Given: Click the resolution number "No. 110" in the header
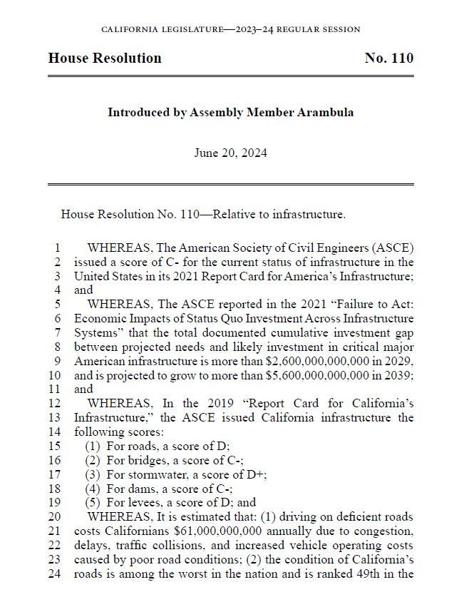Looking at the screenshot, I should click(x=388, y=58).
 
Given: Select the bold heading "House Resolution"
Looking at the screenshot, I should click(x=105, y=58).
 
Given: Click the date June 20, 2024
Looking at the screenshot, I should click(x=230, y=153).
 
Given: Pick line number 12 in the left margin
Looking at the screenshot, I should click(x=55, y=404).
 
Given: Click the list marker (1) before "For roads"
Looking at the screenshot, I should click(x=93, y=446).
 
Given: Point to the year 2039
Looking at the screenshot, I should click(x=398, y=375).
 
